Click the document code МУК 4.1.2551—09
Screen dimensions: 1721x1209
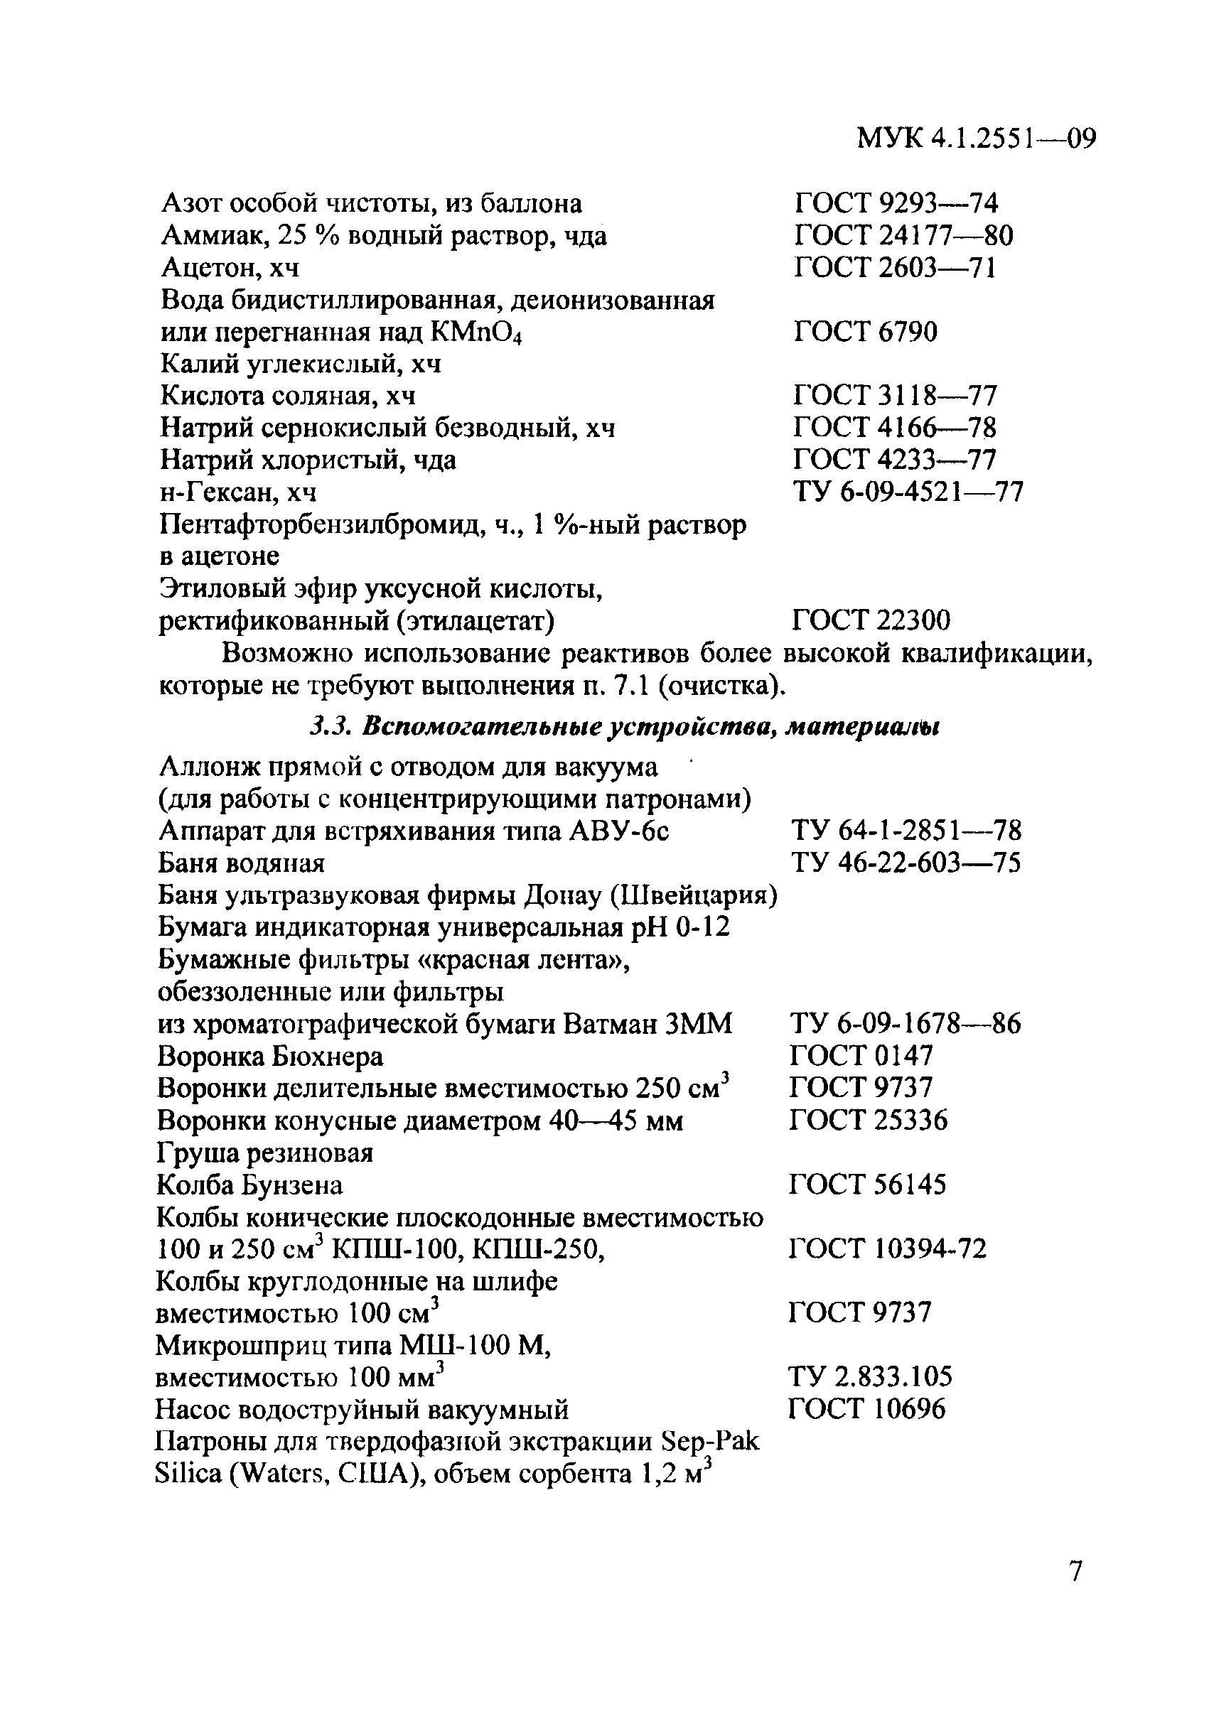point(976,139)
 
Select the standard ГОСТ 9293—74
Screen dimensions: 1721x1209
point(896,203)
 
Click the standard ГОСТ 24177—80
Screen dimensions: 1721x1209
point(903,236)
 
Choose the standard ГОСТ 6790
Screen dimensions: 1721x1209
point(865,331)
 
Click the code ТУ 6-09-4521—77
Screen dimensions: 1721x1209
point(908,492)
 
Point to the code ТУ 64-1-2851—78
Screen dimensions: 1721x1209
point(906,831)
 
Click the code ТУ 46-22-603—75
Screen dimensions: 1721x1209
point(906,863)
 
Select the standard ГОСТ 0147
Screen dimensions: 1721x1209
point(861,1056)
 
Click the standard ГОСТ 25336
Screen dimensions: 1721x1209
point(868,1121)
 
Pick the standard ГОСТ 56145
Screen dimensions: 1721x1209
point(867,1185)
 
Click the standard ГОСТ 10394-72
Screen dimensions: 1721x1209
point(888,1249)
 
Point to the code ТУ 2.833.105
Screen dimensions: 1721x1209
point(870,1377)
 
